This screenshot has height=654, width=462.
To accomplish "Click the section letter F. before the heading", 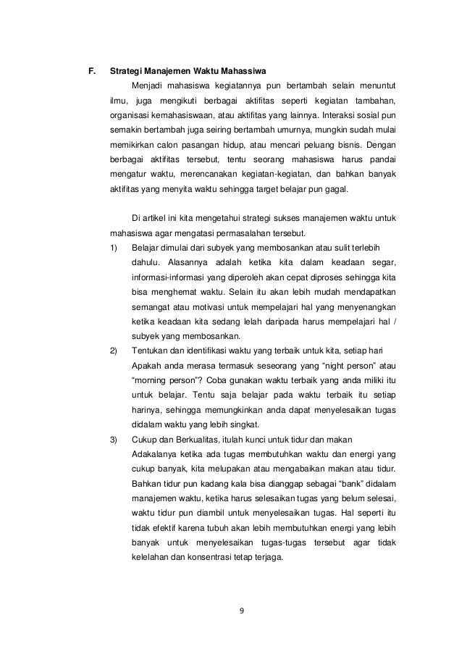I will [92, 71].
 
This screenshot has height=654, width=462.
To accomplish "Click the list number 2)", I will [114, 351].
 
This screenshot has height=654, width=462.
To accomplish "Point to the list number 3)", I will [114, 439].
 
